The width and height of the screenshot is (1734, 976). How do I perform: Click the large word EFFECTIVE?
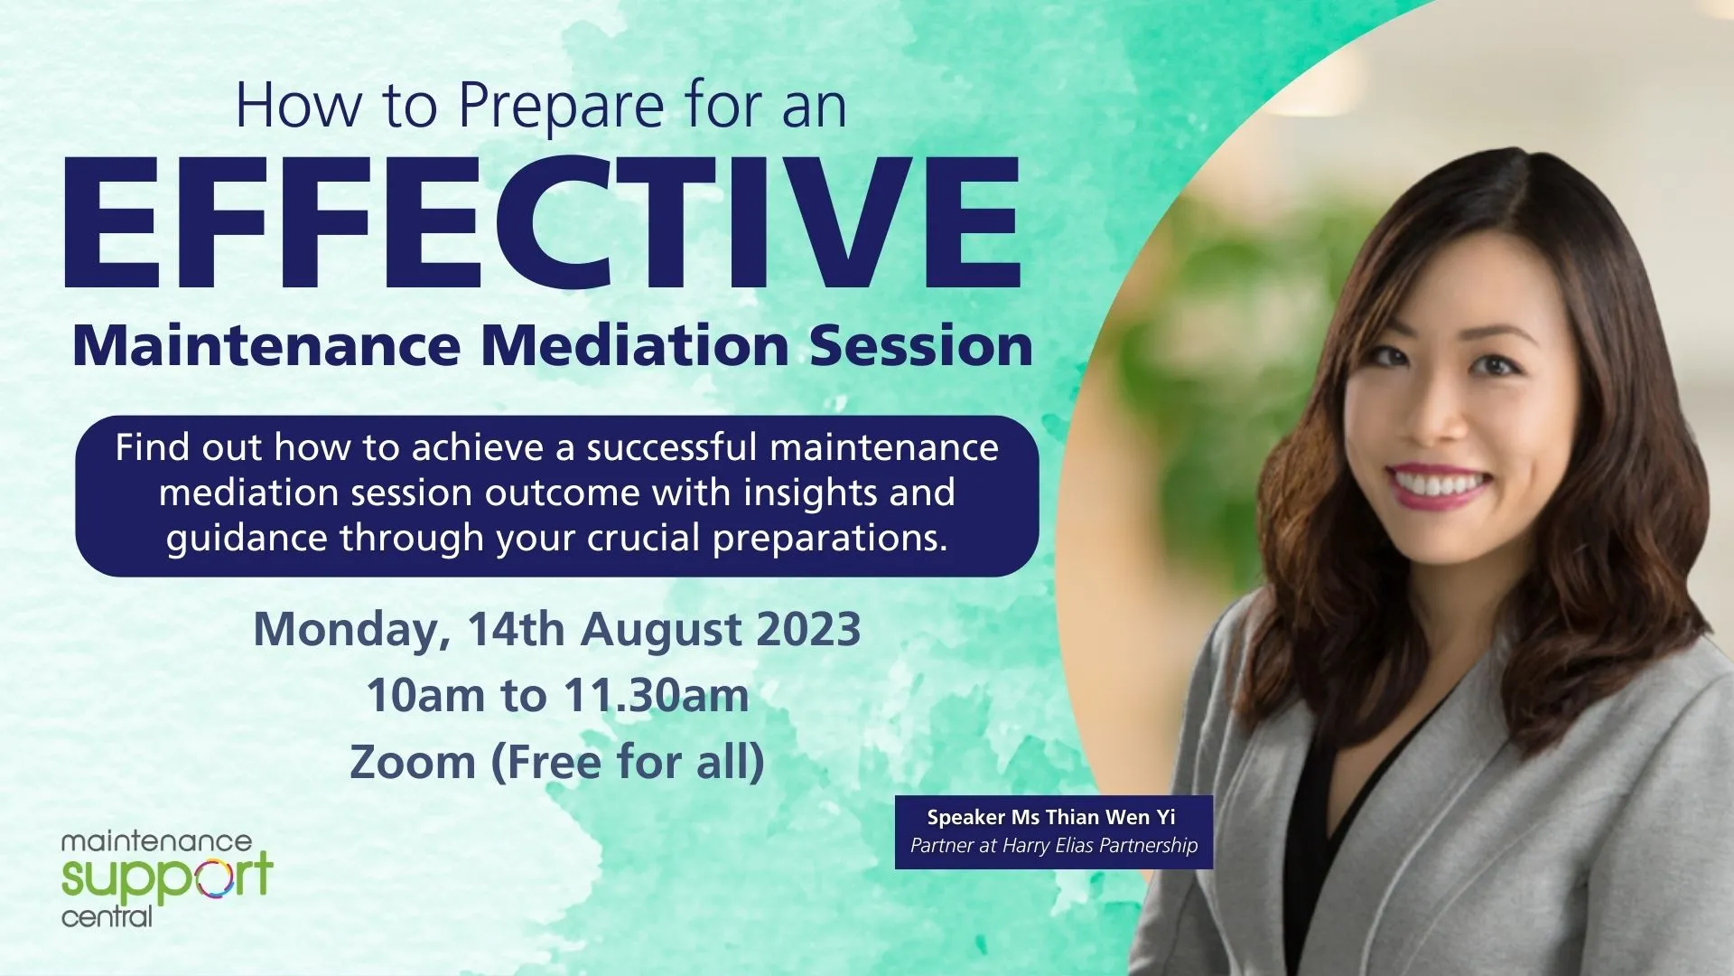(x=543, y=222)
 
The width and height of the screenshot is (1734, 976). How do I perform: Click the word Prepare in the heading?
(x=562, y=107)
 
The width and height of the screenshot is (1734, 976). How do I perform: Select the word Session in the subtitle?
(x=921, y=345)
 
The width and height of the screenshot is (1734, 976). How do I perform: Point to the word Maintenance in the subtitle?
(x=266, y=345)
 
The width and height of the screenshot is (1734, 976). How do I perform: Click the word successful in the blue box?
(x=672, y=447)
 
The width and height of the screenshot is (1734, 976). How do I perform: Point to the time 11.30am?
(x=657, y=696)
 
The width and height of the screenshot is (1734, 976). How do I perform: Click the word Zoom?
(x=413, y=762)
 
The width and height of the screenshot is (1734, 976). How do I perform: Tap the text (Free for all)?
(x=628, y=762)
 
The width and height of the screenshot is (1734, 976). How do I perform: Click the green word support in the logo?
(x=166, y=877)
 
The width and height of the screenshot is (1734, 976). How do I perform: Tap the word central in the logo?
(x=107, y=917)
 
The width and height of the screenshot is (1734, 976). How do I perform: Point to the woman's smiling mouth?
(x=1440, y=484)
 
